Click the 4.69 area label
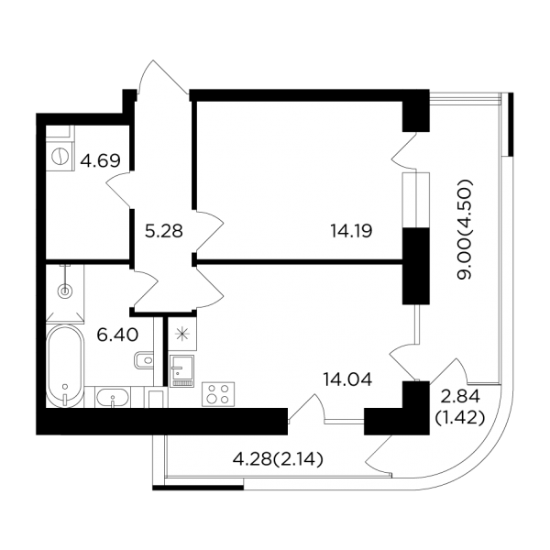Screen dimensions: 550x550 coord(100,161)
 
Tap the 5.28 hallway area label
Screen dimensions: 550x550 coord(164,231)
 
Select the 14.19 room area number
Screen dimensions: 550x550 coord(351,231)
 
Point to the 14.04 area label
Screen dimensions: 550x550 coord(347,379)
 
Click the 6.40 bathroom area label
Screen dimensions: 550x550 coord(117,335)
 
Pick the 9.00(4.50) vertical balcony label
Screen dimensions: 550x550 coord(465,229)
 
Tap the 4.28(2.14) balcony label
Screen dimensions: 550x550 coord(278,460)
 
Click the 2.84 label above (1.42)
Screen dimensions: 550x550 coord(459,397)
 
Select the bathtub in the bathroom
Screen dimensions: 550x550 coord(65,366)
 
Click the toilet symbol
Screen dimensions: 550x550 coord(144,360)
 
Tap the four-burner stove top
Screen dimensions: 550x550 coord(218,394)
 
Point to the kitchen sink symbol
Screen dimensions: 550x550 coord(181,371)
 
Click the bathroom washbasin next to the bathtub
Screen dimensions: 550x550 coord(113,397)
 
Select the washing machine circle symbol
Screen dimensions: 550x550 coord(60,156)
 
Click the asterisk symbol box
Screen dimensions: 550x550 coord(182,334)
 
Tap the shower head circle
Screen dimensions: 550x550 coord(65,291)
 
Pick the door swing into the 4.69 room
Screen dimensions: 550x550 coord(118,190)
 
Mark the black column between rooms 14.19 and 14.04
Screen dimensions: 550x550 coord(415,266)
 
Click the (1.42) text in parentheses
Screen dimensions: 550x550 coord(460,417)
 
